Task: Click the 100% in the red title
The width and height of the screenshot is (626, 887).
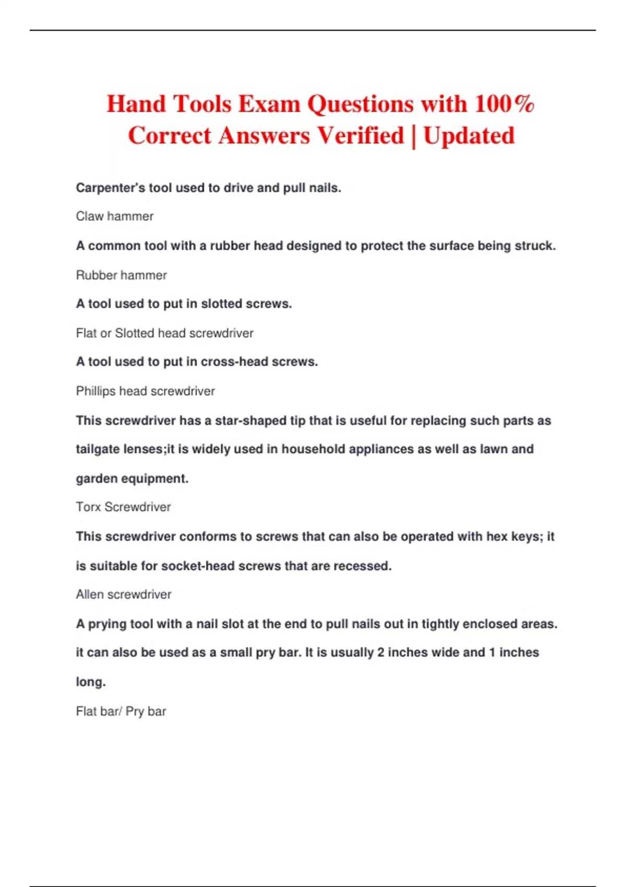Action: pyautogui.click(x=504, y=104)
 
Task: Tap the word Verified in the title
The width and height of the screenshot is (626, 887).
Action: pyautogui.click(x=360, y=136)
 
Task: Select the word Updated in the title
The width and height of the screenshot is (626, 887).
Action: pyautogui.click(x=468, y=136)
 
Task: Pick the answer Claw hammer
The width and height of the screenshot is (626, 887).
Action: pyautogui.click(x=115, y=217)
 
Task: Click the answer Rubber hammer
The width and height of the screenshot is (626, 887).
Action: pyautogui.click(x=121, y=275)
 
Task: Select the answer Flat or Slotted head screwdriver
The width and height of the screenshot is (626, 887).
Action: pyautogui.click(x=164, y=333)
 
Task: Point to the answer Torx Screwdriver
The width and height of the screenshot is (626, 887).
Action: pyautogui.click(x=123, y=507)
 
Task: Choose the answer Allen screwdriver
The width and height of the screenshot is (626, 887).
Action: pyautogui.click(x=123, y=595)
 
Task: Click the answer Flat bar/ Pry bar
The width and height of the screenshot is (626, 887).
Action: pyautogui.click(x=121, y=712)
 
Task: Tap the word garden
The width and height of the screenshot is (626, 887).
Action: pyautogui.click(x=95, y=479)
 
